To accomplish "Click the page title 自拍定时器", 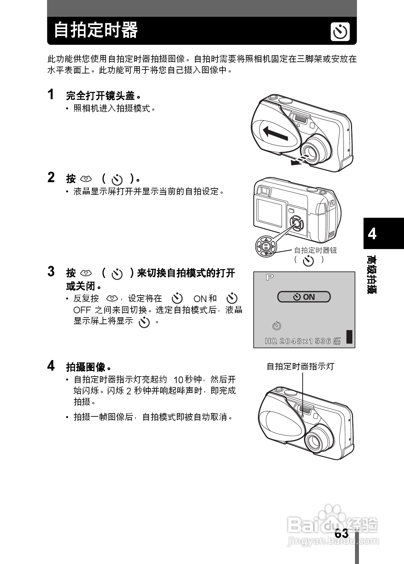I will coord(96,30).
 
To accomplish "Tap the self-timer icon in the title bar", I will coord(340,32).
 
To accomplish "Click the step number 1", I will coord(51,95).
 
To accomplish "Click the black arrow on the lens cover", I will coord(276,133).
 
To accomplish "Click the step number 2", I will coord(51,177).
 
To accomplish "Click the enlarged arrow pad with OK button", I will coord(266,246).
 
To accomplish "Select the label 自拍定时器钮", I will coord(315,250).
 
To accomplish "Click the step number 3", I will coord(51,272).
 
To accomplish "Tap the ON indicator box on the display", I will coord(304,297).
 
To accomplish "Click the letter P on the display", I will coord(270,277).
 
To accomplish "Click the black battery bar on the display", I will coord(349,337).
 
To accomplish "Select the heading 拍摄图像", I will coord(86,367).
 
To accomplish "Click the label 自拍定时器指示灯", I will coord(300,366).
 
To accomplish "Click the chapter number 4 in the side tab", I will coord(372,234).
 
